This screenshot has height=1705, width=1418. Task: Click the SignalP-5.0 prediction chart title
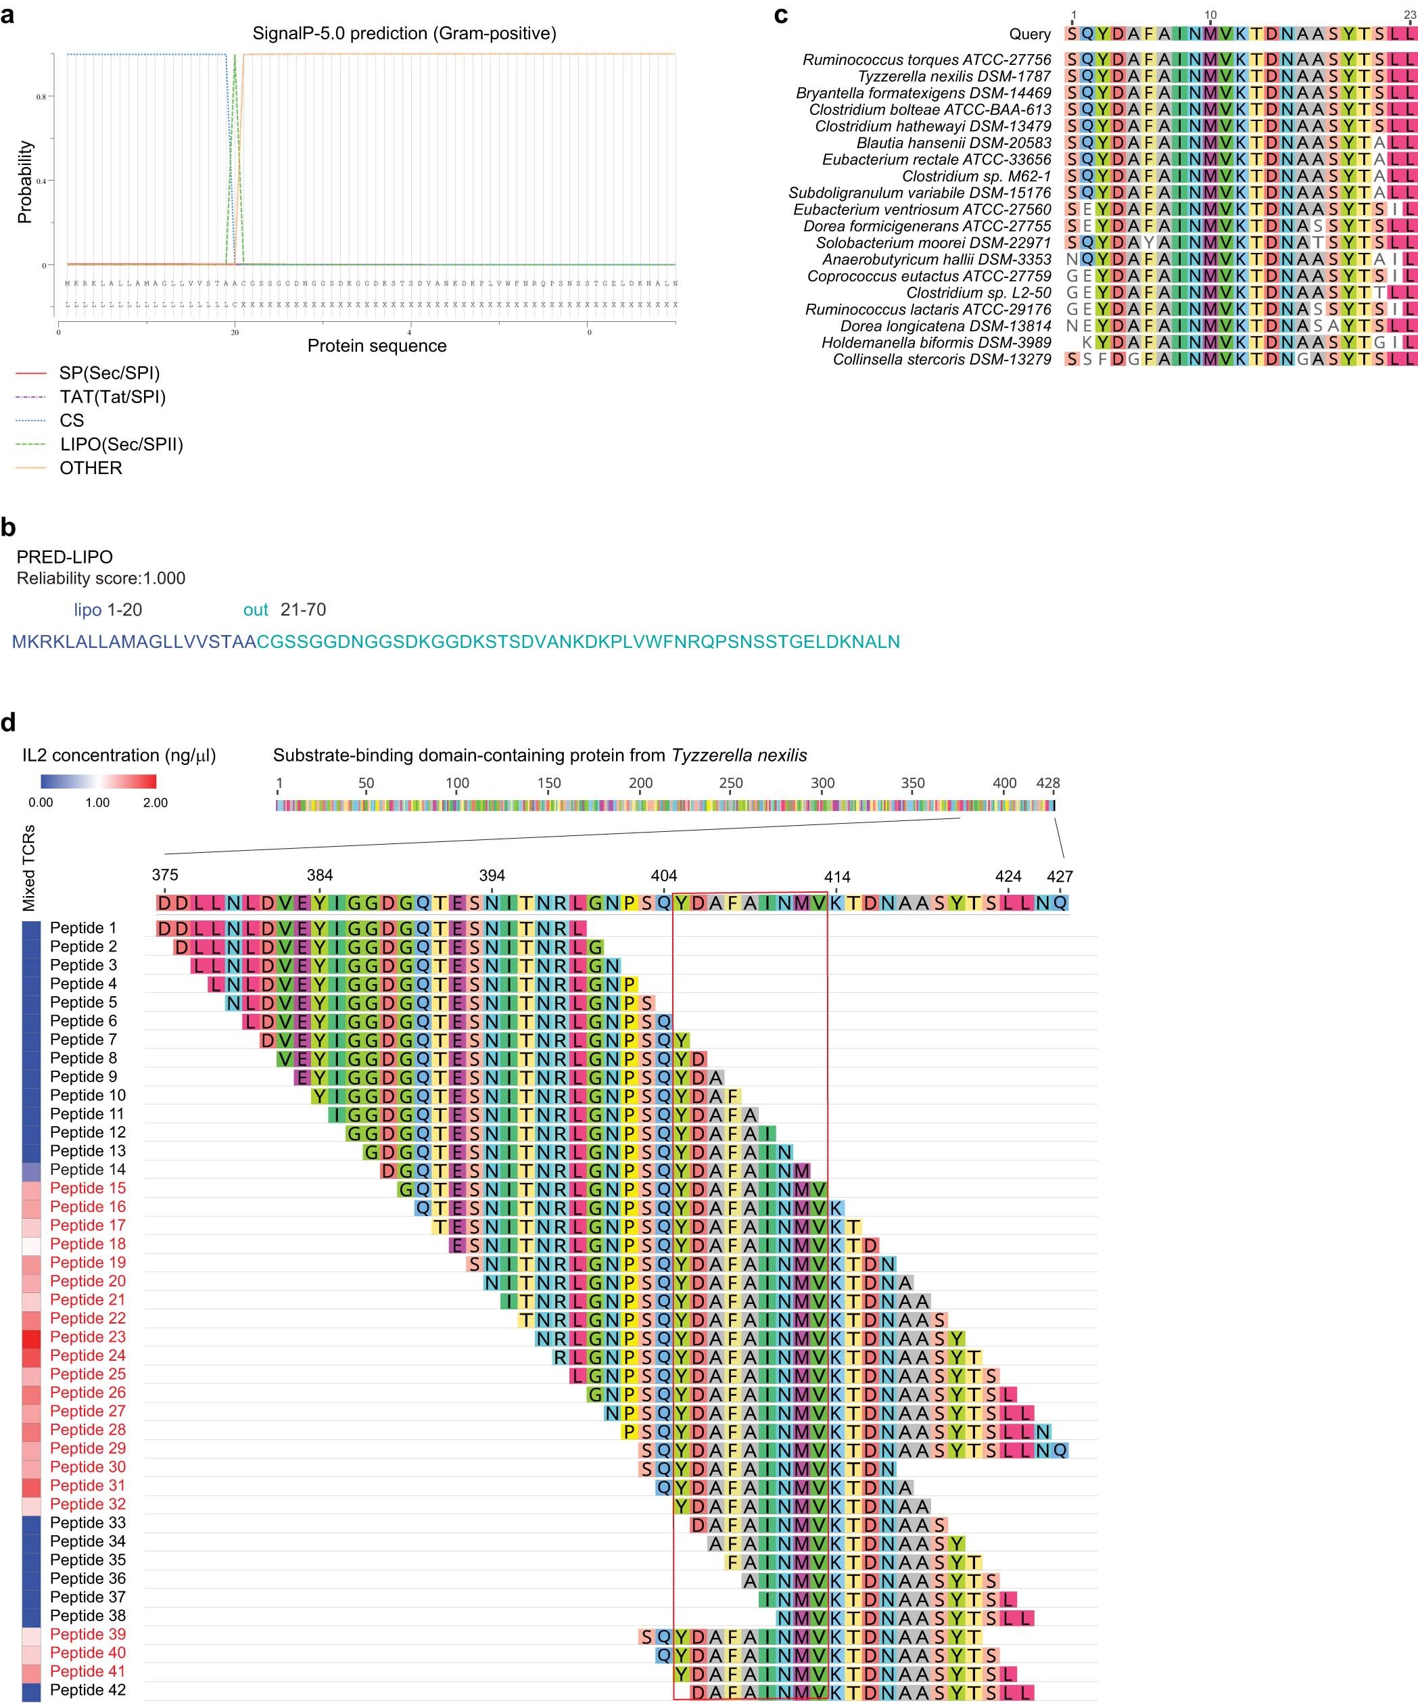point(404,33)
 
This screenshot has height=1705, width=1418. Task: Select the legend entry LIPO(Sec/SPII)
point(121,444)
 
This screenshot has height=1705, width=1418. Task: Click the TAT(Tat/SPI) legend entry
point(112,397)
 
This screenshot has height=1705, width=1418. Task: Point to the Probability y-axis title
point(25,182)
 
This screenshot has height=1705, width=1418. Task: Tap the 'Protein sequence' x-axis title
point(377,346)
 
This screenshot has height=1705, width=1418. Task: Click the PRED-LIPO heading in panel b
point(65,557)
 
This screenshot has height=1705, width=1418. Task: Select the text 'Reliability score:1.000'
point(101,578)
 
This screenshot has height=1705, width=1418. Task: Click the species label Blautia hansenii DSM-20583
point(953,143)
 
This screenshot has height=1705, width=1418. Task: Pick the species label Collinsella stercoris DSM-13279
point(941,360)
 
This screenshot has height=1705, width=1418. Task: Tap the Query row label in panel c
point(1029,34)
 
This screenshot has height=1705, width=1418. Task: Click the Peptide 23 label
point(88,1336)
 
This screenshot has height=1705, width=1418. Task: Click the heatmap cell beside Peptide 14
point(31,1170)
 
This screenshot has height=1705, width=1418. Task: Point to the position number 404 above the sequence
point(663,876)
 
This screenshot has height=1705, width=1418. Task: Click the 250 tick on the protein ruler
point(730,783)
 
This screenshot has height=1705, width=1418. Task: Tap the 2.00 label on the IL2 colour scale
point(155,802)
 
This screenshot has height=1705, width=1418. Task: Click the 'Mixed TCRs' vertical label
point(29,868)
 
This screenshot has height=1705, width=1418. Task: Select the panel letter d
point(8,722)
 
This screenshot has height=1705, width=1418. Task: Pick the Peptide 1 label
point(82,928)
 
